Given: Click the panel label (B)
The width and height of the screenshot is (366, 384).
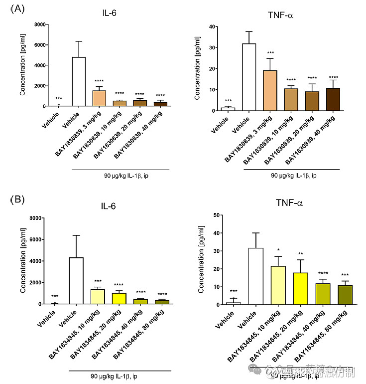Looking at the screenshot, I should click(17, 200).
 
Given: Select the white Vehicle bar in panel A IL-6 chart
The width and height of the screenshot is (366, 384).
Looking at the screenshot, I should click(79, 82).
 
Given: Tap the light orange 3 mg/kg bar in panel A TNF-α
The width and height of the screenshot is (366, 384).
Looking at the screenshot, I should click(270, 90).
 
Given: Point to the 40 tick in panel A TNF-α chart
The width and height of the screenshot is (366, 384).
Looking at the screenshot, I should click(212, 27).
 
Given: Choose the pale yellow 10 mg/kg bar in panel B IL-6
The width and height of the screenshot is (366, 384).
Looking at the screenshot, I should click(98, 297).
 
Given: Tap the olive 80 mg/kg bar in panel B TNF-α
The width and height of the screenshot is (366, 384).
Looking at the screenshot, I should click(344, 295).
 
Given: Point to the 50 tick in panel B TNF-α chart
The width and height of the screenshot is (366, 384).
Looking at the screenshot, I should click(217, 215).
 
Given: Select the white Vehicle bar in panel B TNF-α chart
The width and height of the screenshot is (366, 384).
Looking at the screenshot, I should click(255, 276).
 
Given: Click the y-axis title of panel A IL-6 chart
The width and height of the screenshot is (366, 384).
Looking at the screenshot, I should click(22, 65).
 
